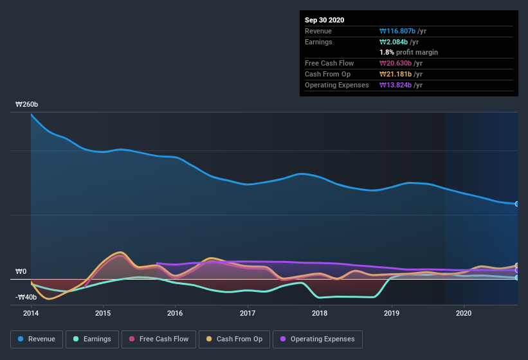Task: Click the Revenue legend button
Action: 37,339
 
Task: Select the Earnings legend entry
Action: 91,339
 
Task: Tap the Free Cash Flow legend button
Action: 159,339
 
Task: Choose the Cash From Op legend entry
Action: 234,339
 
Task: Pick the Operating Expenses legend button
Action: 317,339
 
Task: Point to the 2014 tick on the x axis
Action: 31,314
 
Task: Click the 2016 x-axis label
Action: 175,314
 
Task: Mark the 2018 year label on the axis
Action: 320,314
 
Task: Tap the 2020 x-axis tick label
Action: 464,314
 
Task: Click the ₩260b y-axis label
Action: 27,104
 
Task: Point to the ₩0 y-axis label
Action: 21,271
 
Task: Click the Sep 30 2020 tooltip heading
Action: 324,20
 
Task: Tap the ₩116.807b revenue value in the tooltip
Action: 401,31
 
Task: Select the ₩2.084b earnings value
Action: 397,42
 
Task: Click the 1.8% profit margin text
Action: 409,52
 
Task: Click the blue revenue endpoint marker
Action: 517,204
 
